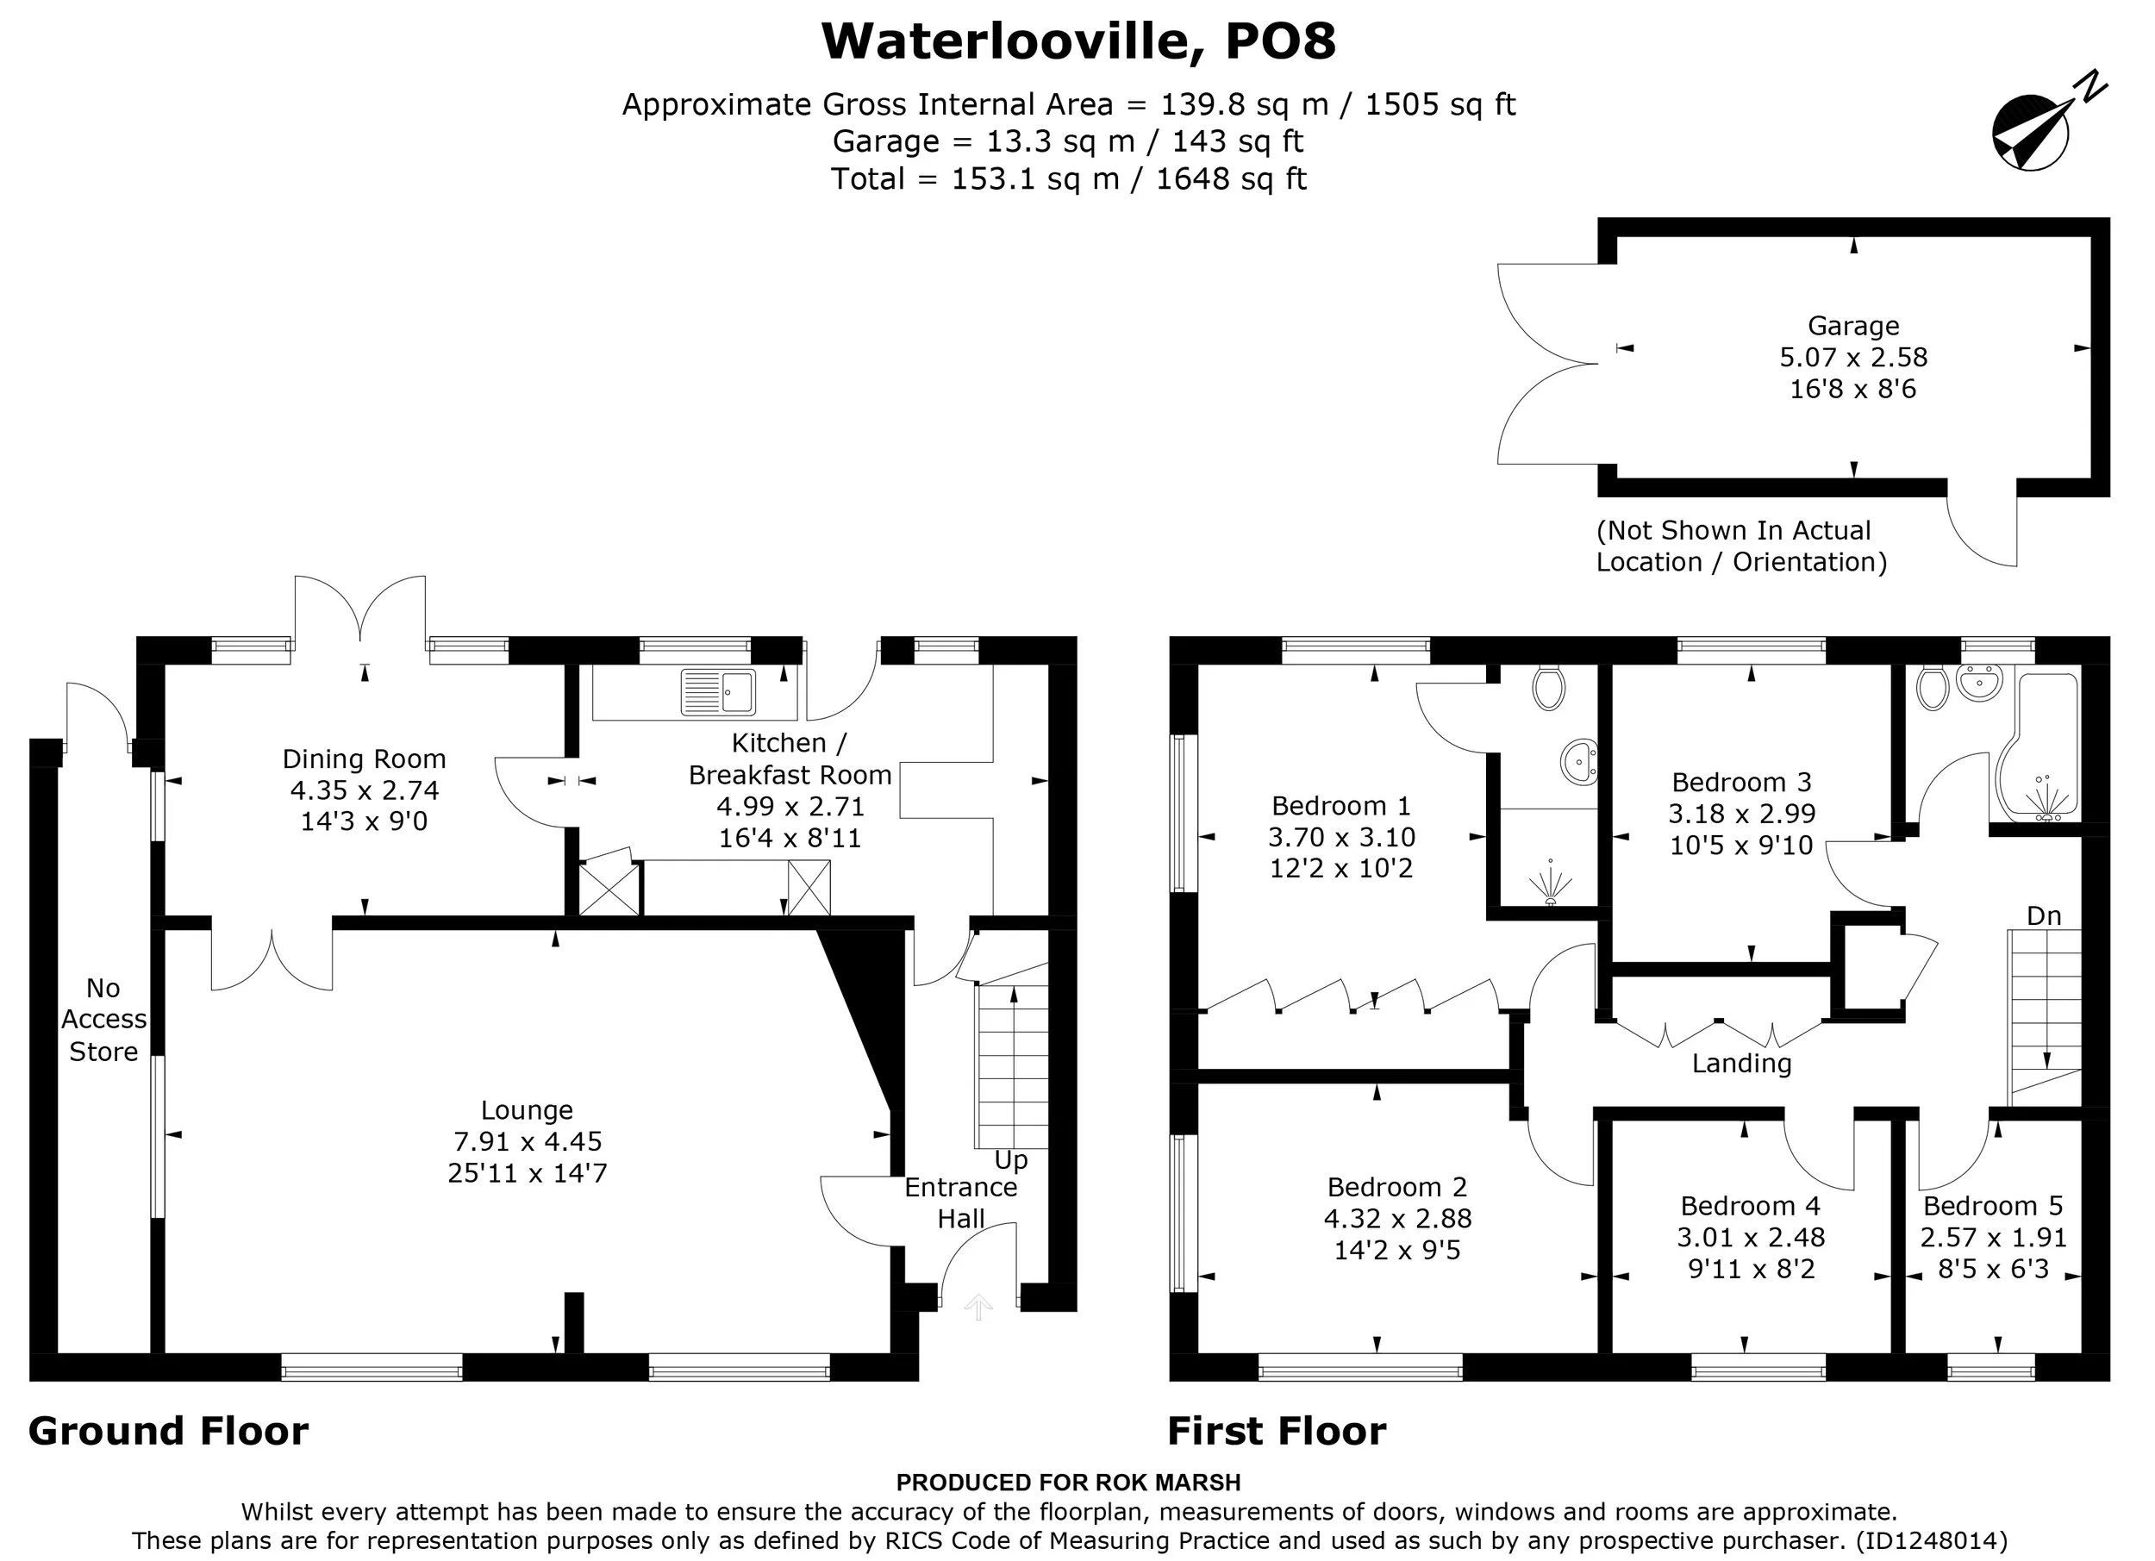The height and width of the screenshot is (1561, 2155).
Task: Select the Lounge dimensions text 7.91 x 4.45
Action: click(528, 1141)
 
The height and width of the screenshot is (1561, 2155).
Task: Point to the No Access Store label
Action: click(103, 1020)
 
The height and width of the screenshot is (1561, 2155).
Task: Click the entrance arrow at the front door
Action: click(978, 1308)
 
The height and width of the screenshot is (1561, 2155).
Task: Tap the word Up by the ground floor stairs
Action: click(1011, 1161)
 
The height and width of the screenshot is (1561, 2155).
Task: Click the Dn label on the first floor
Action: click(2044, 916)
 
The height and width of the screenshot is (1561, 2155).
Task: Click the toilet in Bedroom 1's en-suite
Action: click(1549, 688)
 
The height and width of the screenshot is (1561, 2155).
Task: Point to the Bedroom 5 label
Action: click(1994, 1206)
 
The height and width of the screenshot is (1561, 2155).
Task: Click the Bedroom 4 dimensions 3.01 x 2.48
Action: click(1752, 1237)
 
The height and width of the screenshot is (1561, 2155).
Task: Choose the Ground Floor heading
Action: click(168, 1431)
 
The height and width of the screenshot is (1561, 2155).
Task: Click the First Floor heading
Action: click(1276, 1431)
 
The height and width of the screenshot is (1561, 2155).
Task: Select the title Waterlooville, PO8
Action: click(1078, 41)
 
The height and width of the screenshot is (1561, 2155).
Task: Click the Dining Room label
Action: click(364, 759)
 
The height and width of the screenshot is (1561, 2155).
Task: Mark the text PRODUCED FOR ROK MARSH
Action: click(1069, 1483)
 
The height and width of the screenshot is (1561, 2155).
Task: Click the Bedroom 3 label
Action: click(1742, 782)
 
